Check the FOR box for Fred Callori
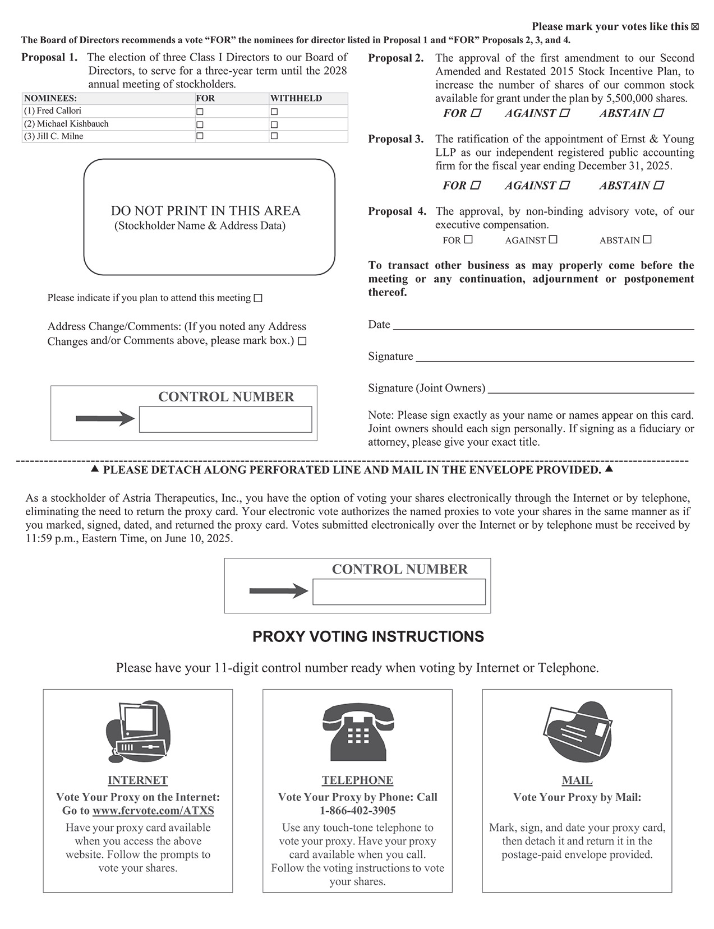200,112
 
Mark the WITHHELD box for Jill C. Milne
274,136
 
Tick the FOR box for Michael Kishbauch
200,124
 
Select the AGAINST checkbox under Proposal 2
565,113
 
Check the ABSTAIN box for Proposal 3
659,185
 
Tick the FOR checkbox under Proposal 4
468,239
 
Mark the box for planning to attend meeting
258,298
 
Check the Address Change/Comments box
302,341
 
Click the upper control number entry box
225,419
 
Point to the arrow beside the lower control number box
278,591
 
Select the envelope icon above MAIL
577,731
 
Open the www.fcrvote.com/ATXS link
153,811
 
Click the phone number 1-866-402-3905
358,811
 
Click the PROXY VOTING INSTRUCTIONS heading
368,637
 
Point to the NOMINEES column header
50,98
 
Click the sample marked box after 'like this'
695,27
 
